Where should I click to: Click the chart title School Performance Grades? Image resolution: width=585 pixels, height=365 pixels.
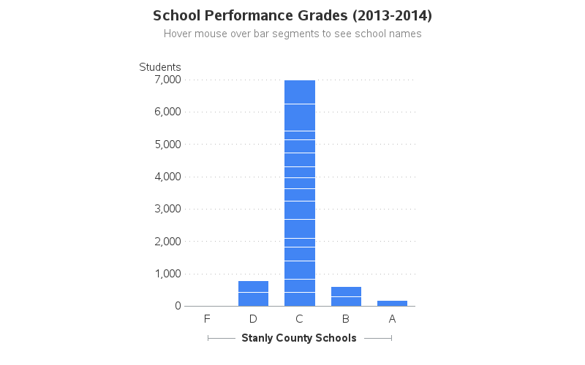click(292, 15)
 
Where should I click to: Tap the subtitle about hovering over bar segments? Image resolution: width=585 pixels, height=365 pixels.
click(292, 34)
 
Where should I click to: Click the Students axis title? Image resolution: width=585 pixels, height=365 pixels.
click(160, 67)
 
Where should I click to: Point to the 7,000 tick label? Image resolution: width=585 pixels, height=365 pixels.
click(167, 80)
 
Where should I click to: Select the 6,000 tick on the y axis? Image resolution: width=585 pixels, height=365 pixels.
click(167, 112)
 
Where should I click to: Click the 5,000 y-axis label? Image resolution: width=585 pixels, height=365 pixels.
click(167, 145)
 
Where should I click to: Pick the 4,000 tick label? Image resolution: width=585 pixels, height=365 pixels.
click(167, 177)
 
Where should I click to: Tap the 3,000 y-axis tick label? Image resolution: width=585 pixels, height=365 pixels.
click(167, 209)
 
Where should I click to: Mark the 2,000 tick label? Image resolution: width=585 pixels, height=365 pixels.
click(167, 242)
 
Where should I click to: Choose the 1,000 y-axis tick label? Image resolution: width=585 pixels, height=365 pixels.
click(167, 274)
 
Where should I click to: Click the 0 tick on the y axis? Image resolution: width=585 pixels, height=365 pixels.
click(178, 306)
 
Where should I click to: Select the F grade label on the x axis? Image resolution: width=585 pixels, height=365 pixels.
click(207, 319)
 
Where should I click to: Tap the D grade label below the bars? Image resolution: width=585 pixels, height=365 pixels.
click(253, 319)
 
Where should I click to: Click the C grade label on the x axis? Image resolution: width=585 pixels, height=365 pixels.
click(299, 319)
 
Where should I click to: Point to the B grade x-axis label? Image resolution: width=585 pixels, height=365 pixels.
click(346, 319)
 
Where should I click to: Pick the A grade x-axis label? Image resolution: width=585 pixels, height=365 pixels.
click(392, 319)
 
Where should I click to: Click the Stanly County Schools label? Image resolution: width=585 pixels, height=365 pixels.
click(299, 338)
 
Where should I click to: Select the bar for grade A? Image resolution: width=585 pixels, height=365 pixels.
click(392, 303)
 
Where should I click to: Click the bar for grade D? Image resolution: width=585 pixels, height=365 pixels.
click(253, 293)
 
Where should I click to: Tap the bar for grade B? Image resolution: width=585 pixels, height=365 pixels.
click(346, 296)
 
